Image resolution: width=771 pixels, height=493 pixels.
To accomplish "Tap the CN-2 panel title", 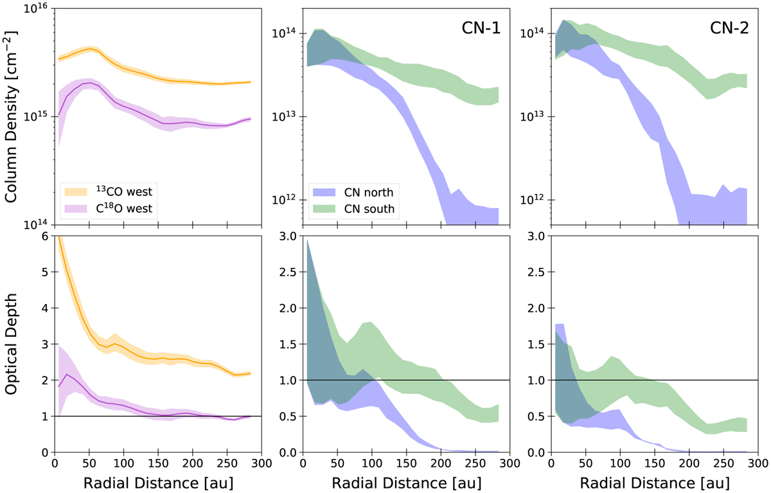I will tap(722, 28).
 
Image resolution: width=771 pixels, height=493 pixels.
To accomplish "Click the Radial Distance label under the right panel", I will tap(653, 481).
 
